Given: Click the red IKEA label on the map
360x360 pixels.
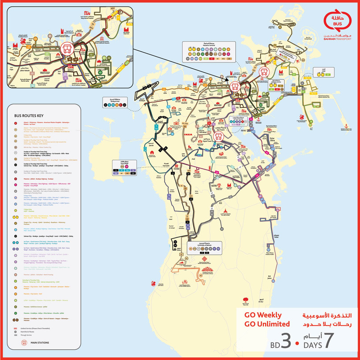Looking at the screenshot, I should (x=188, y=133).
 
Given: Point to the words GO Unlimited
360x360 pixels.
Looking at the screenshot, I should (x=267, y=324).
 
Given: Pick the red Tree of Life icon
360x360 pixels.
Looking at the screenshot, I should (x=245, y=298).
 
